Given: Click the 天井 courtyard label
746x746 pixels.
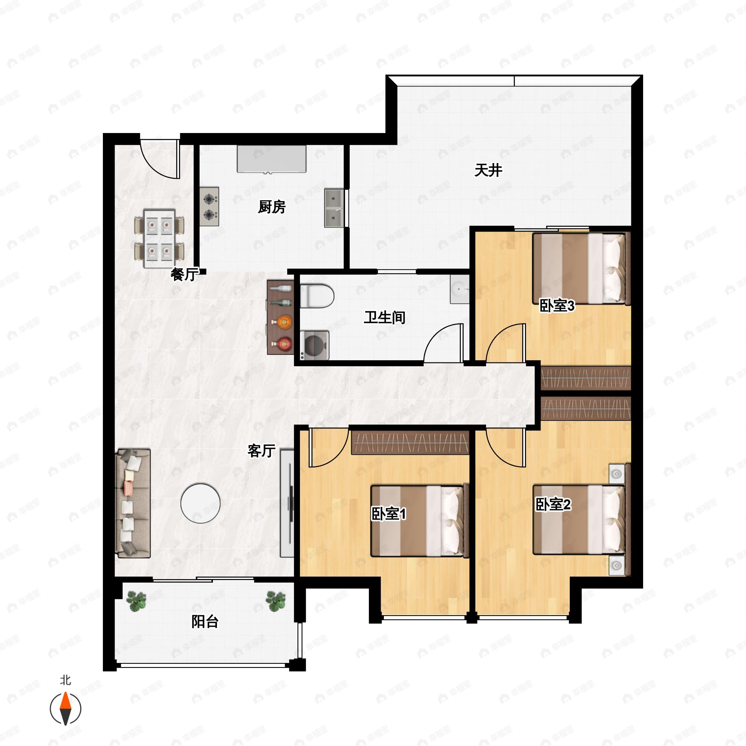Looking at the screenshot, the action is coord(488,170).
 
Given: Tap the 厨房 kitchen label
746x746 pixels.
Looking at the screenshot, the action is coord(272,207).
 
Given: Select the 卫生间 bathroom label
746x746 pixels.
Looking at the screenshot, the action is coord(385,317).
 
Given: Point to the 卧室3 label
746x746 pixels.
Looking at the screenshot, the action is coord(557,306).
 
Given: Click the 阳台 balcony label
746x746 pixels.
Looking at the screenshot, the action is coord(205,622).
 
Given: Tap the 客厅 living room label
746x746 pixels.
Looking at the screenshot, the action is coord(261,451).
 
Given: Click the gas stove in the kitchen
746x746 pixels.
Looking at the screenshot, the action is coord(209,207).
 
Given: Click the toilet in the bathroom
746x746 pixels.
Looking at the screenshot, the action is coord(317,296).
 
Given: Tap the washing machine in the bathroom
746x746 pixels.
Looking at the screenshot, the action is coord(315,345).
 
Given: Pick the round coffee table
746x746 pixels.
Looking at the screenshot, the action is coord(200,504).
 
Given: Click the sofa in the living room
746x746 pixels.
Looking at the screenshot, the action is coord(133,503).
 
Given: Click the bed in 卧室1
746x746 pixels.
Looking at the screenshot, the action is coord(420,521).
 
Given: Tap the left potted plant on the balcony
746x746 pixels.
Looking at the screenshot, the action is coord(136,601).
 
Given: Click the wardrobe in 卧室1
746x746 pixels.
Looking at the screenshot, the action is coord(410,443).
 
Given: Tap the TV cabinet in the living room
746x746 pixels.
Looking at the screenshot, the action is coord(287,503).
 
